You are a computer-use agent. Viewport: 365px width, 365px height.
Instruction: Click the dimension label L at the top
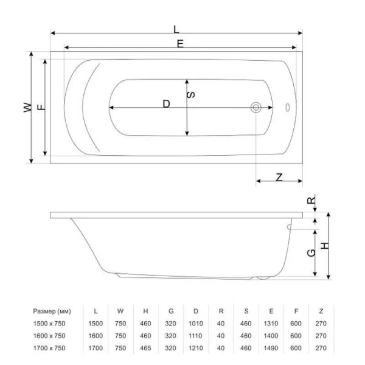point(176,28)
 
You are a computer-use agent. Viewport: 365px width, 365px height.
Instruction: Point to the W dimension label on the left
point(27,107)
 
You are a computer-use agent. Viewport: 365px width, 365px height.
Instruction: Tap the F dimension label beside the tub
point(41,107)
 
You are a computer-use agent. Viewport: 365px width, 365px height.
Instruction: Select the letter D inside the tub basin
point(166,103)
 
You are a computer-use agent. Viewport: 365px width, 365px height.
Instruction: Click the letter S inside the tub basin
point(191,95)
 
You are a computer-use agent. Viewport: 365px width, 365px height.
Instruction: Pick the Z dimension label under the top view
point(279,177)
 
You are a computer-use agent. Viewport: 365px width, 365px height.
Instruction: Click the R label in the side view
point(310,200)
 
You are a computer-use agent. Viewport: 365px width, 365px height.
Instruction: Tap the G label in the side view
point(310,252)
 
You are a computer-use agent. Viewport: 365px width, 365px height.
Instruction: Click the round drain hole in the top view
point(256,108)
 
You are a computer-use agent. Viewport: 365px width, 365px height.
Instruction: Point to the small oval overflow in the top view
point(288,108)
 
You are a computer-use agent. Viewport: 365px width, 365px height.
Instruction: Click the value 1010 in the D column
point(195,324)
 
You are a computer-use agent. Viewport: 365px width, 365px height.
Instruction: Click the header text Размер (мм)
point(55,311)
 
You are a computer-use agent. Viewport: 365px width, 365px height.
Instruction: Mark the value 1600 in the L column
point(96,336)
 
